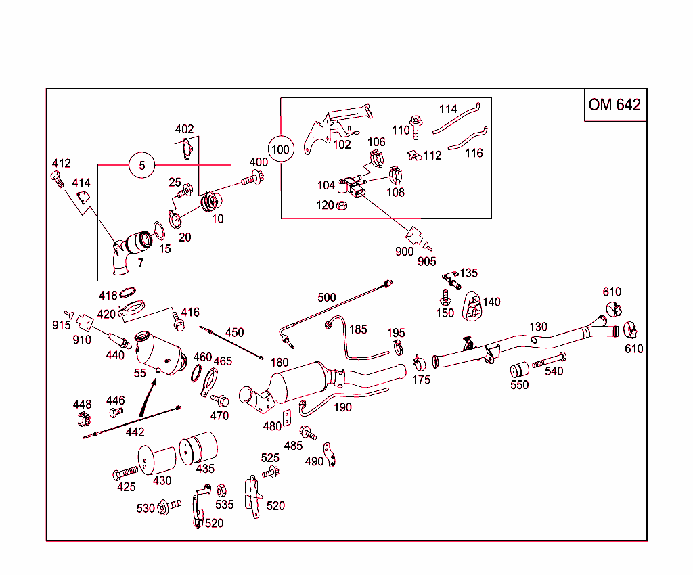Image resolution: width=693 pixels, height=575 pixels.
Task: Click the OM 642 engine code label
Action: click(614, 104)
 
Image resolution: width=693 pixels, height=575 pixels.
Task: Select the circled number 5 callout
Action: click(141, 165)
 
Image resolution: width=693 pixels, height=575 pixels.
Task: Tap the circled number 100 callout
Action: click(280, 149)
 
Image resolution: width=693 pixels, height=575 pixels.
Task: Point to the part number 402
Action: click(184, 129)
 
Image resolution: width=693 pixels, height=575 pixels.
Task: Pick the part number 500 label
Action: click(326, 298)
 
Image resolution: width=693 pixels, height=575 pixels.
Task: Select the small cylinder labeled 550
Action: click(519, 371)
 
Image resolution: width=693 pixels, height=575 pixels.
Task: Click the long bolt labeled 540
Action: click(549, 361)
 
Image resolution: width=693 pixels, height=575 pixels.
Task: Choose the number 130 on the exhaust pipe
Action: click(538, 327)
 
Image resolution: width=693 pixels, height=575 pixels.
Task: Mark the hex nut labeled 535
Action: click(221, 490)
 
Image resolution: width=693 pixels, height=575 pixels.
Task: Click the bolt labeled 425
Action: click(125, 474)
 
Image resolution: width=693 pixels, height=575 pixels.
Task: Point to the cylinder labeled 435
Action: click(198, 446)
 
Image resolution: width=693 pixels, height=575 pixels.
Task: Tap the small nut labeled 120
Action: click(342, 204)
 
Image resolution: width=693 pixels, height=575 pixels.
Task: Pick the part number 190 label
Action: click(342, 407)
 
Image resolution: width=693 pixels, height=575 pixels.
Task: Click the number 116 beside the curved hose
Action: click(474, 154)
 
